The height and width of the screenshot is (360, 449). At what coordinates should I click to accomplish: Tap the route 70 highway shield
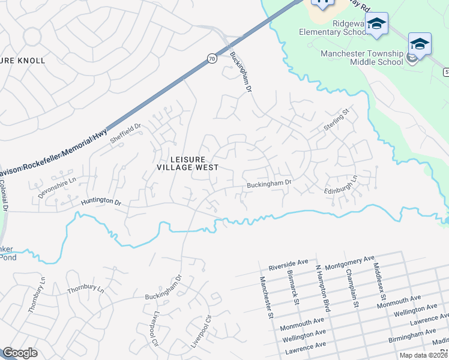[x=211, y=58]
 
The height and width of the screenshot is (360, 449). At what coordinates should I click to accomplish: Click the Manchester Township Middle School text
[x=361, y=58]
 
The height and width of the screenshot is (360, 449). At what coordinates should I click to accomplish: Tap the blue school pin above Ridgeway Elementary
[x=377, y=23]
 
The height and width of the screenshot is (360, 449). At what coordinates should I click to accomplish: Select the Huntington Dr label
[x=101, y=204]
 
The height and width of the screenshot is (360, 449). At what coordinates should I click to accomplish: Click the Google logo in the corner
[x=20, y=353]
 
